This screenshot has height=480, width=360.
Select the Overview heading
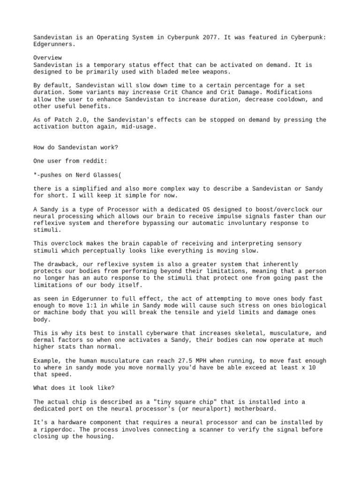click(x=47, y=58)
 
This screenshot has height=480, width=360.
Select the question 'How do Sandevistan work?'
click(x=76, y=147)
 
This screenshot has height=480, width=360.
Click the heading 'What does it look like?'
click(x=74, y=388)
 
